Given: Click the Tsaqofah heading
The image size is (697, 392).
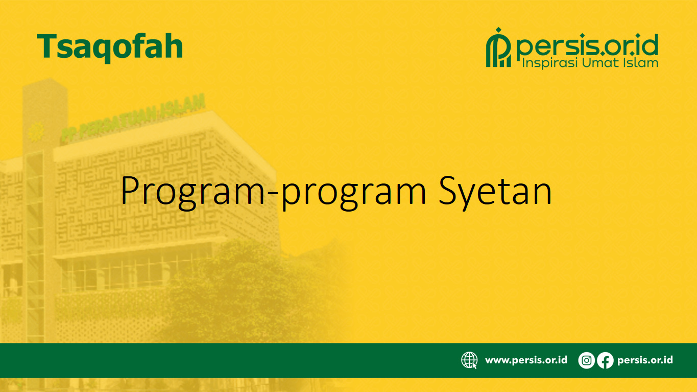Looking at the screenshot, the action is (109, 48).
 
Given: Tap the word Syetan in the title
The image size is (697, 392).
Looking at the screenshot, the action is (495, 192).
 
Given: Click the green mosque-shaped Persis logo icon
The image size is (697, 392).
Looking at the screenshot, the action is (498, 48).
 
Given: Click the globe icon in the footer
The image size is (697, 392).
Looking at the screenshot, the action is (469, 360).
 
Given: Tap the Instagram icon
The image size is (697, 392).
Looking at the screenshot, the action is (587, 360).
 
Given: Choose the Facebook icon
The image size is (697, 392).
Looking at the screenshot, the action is (605, 360).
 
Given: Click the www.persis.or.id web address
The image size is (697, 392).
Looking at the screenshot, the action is (526, 360).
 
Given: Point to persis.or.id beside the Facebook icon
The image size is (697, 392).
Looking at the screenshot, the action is (645, 360).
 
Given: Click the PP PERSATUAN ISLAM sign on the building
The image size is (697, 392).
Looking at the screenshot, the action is (133, 119).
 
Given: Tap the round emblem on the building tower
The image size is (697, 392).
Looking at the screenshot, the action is (36, 132).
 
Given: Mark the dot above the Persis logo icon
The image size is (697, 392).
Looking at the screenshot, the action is (499, 30).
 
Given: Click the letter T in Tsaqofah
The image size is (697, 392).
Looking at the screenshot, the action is (47, 46).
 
